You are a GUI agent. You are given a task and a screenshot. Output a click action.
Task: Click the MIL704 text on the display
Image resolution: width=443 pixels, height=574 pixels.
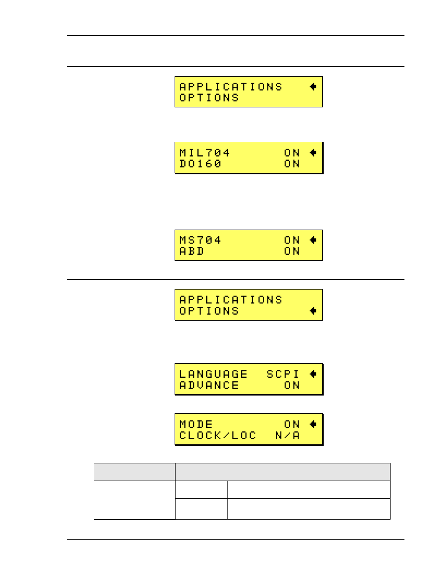click(x=204, y=153)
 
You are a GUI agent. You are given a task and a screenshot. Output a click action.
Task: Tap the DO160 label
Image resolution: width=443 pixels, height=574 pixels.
click(x=200, y=164)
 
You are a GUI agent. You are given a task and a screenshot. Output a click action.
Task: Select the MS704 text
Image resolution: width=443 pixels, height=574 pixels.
click(x=200, y=240)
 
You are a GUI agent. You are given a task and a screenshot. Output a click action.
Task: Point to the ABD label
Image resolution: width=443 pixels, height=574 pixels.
click(x=191, y=251)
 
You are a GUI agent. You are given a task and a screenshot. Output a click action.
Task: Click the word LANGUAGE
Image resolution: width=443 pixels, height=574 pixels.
click(x=213, y=374)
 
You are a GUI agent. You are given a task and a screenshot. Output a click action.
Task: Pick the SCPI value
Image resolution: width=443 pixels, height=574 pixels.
click(x=283, y=374)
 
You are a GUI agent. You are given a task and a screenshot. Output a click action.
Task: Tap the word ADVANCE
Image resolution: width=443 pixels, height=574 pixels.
click(x=209, y=385)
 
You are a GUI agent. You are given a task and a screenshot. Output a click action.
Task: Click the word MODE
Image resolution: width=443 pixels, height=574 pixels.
click(x=196, y=424)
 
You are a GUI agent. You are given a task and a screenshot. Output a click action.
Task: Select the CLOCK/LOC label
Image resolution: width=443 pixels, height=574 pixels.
click(x=217, y=435)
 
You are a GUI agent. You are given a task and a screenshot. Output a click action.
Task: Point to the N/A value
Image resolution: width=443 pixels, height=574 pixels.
click(x=287, y=435)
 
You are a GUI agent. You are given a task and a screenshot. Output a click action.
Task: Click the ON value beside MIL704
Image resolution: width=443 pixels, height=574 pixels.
click(x=292, y=153)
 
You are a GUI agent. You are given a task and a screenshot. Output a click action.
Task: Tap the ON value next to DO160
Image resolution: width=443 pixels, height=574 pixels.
click(x=292, y=164)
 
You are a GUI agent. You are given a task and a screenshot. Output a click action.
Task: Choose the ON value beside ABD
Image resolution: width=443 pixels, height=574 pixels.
click(x=292, y=251)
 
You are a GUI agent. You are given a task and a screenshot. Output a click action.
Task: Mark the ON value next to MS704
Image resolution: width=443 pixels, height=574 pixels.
click(x=292, y=240)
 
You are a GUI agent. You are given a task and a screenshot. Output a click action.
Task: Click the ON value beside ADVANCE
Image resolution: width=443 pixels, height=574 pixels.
click(x=292, y=385)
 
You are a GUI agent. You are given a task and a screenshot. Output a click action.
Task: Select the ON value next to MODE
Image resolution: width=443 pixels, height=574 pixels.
click(x=292, y=424)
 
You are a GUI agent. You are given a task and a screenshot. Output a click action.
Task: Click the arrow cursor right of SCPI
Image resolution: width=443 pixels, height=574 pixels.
click(x=313, y=374)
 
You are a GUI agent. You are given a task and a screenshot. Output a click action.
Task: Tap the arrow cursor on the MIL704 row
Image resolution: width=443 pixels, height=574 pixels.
click(x=313, y=152)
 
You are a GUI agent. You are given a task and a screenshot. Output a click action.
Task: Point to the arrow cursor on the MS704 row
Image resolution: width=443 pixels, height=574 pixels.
click(x=313, y=240)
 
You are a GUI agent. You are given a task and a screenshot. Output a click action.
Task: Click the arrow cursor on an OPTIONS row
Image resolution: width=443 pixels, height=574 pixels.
click(x=313, y=310)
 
